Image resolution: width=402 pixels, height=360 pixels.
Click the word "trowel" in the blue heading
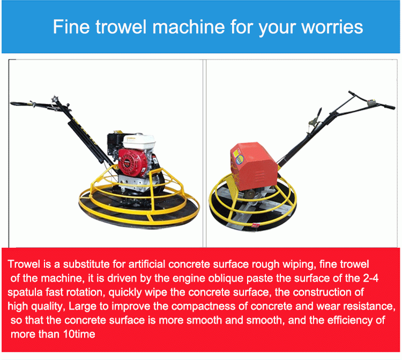121,27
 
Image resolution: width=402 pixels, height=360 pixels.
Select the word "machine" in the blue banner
189,27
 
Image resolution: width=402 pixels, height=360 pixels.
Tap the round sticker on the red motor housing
239,160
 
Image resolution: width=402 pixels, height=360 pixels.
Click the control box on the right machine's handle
371,102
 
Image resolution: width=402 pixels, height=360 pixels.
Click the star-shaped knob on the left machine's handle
55,99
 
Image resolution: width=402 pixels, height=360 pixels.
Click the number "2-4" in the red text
370,278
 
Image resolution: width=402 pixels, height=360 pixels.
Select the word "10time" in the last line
79,334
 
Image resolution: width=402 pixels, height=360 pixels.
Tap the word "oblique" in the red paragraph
226,278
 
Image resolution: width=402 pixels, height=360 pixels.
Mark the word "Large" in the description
83,307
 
